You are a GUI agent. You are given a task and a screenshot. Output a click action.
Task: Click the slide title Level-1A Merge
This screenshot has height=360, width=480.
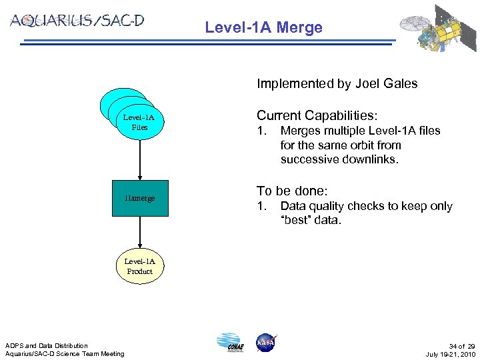263,27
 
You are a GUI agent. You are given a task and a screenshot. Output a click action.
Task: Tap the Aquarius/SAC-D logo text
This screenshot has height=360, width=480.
77,21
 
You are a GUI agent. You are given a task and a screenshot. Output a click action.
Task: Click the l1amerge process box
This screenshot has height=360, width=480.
139,198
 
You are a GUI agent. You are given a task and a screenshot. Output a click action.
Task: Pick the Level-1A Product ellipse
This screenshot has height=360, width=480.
139,266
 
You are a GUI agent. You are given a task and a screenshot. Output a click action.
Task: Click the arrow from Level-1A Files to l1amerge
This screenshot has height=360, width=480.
140,160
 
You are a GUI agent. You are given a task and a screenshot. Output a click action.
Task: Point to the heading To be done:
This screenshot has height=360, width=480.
292,191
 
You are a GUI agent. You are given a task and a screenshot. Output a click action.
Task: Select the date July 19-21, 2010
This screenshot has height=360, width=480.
450,354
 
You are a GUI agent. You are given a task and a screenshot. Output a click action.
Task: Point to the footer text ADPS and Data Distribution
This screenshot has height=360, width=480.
46,345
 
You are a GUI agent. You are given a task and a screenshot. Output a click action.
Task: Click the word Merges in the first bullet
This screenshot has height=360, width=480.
301,131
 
